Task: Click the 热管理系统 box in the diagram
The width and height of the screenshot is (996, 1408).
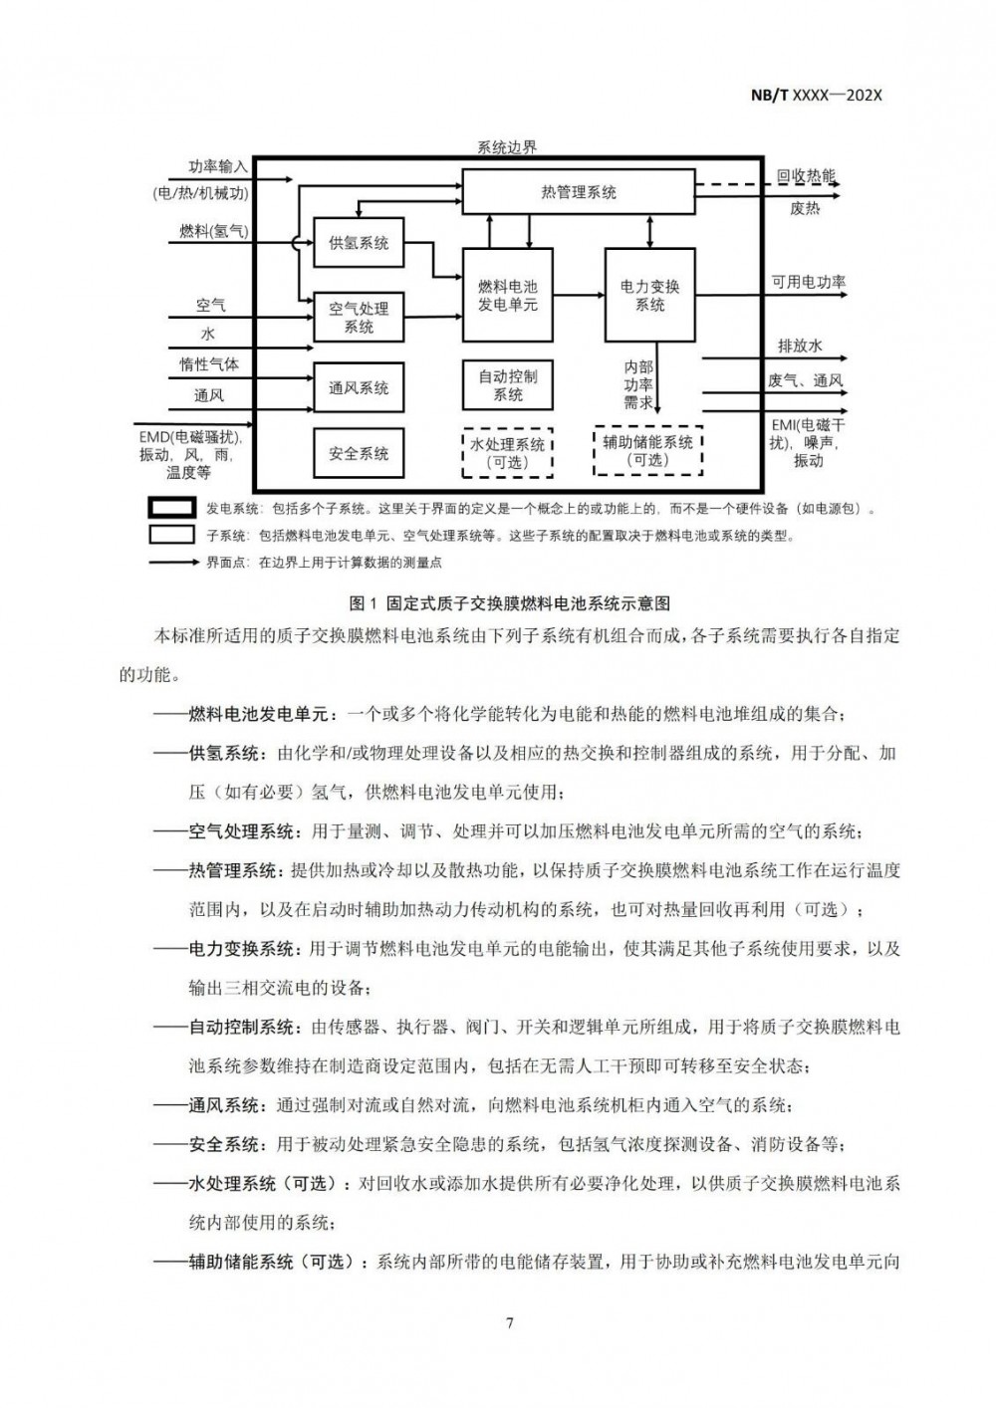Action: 578,191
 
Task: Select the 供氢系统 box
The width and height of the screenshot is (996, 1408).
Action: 359,243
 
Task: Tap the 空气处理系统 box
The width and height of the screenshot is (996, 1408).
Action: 359,318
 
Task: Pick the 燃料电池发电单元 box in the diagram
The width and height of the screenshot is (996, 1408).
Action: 507,296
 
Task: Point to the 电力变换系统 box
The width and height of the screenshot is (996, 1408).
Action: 649,296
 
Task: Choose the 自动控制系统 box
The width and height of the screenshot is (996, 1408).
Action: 507,385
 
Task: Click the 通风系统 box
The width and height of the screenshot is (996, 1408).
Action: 359,388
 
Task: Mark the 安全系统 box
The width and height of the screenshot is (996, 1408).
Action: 359,454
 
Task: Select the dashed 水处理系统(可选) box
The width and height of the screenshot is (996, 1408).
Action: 507,453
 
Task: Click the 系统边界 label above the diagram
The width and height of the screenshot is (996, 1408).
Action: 506,147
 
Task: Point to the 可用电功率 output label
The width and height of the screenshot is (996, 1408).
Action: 808,282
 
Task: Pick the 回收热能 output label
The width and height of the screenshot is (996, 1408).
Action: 806,176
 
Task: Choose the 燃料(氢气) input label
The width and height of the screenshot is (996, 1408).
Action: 213,231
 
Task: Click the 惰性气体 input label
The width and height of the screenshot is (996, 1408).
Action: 209,364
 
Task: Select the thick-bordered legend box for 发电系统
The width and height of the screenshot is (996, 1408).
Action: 171,508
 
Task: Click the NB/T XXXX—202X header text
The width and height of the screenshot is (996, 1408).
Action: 817,96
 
